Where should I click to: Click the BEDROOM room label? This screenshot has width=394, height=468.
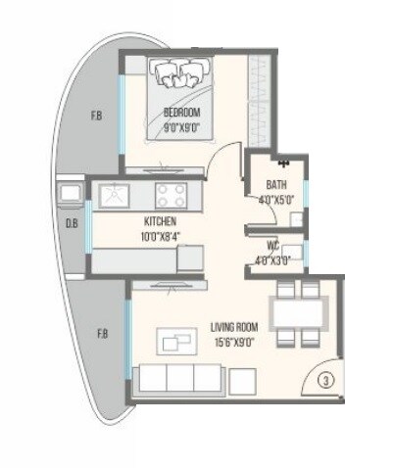[x=183, y=113]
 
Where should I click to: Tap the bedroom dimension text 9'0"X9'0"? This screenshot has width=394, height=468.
[x=183, y=125]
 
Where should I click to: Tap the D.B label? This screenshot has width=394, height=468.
[x=71, y=223]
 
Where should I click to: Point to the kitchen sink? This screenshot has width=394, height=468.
[x=114, y=192]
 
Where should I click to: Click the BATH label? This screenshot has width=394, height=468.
[x=276, y=183]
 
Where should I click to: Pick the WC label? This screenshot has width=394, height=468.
[x=275, y=247]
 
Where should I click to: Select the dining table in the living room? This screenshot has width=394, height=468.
[x=299, y=313]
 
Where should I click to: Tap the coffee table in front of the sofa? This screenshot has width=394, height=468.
[x=176, y=342]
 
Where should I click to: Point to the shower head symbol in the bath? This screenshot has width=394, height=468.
[x=282, y=163]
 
